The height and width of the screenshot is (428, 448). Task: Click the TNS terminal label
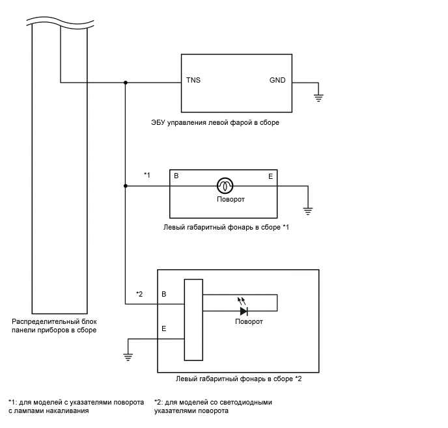tap(193, 80)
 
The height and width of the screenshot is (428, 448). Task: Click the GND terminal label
tap(277, 80)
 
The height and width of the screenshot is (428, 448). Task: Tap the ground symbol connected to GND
tap(318, 98)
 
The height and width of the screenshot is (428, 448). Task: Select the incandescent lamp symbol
tap(225, 186)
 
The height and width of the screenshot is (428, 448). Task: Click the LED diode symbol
tap(244, 311)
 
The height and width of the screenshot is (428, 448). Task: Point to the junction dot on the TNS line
tap(126, 83)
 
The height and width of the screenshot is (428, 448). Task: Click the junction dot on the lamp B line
tap(126, 186)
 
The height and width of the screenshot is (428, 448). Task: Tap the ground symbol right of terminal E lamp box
tap(308, 211)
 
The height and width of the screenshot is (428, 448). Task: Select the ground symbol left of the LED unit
tap(128, 357)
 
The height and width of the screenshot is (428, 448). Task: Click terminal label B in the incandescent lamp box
tap(176, 176)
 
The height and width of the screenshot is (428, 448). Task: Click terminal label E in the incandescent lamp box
tap(271, 177)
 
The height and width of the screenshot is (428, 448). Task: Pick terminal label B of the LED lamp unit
tap(163, 294)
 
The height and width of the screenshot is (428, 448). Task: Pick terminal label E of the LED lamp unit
tap(163, 328)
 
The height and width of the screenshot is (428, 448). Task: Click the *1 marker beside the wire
tap(147, 175)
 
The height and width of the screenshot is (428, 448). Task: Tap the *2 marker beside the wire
tap(139, 294)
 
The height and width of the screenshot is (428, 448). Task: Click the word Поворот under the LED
tap(249, 321)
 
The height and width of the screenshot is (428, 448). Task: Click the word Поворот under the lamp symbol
tap(231, 199)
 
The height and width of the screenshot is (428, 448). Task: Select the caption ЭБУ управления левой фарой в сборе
tap(215, 123)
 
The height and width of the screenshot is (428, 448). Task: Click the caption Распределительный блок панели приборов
tap(54, 326)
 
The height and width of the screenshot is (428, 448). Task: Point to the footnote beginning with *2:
tap(213, 407)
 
